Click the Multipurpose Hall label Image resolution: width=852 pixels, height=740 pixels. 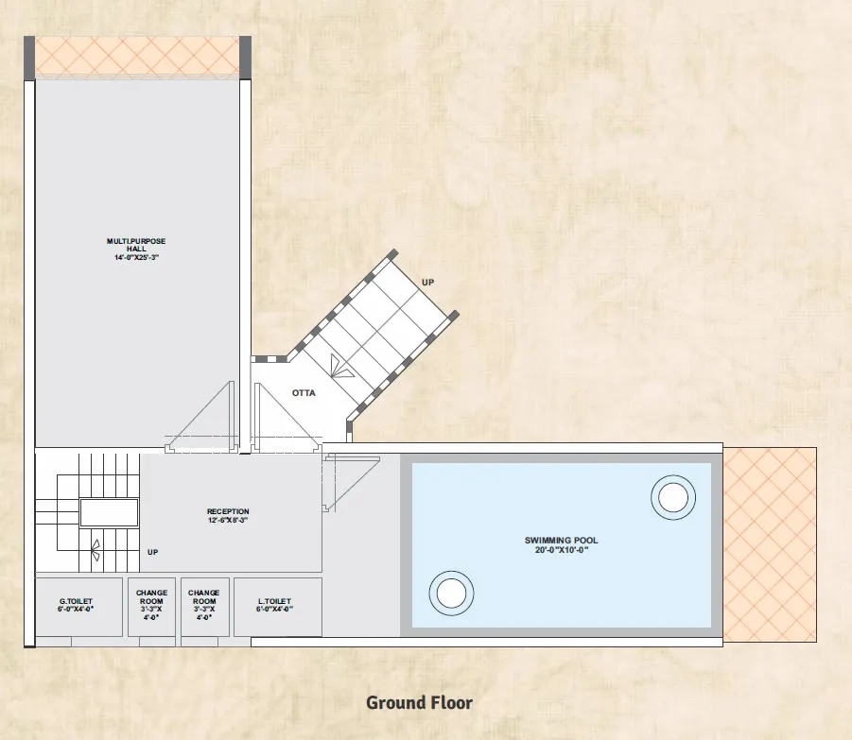coord(136,245)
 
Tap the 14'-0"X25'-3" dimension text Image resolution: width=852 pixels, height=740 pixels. coord(136,257)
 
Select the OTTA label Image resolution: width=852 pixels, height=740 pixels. coord(304,393)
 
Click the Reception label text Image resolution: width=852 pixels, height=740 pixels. coord(228,511)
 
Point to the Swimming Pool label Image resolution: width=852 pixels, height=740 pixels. coord(562,541)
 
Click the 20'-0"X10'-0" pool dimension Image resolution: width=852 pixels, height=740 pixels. coord(562,550)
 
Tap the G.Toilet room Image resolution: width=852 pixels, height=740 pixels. coord(78,607)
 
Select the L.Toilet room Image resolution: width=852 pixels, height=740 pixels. coord(278,607)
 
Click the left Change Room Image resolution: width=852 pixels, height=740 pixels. coord(151,607)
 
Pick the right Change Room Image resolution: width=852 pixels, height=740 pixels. coord(204,607)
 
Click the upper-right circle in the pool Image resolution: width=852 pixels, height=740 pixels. coord(673,497)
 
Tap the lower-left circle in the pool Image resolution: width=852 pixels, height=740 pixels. coord(451,593)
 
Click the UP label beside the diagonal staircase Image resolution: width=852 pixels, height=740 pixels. coord(428,283)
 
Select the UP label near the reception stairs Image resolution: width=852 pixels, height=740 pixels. coord(152,552)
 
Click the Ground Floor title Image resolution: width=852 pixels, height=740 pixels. coord(420,702)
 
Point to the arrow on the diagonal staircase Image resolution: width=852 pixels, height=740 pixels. coord(340,367)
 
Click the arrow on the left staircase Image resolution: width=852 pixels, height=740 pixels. coord(96,550)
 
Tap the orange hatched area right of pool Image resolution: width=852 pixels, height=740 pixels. coord(770,544)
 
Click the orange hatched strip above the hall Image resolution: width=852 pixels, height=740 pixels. coord(137,57)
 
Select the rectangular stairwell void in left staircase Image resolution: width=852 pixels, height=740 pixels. coord(109,513)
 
